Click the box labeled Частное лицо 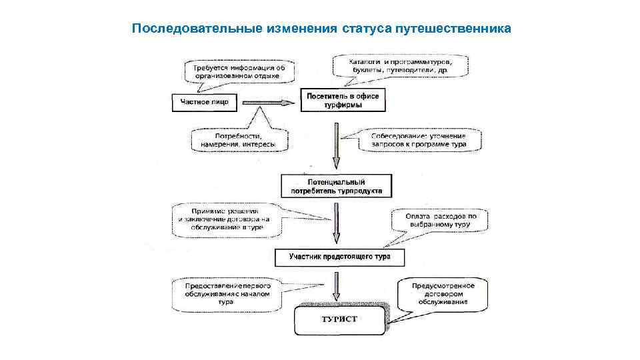tap(204, 102)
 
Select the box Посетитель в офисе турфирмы tap(343, 101)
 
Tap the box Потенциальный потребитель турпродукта tap(337, 186)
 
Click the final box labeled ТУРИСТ tap(340, 320)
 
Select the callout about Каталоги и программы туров tap(400, 65)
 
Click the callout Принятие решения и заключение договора tap(223, 218)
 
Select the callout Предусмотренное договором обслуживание tap(443, 293)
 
